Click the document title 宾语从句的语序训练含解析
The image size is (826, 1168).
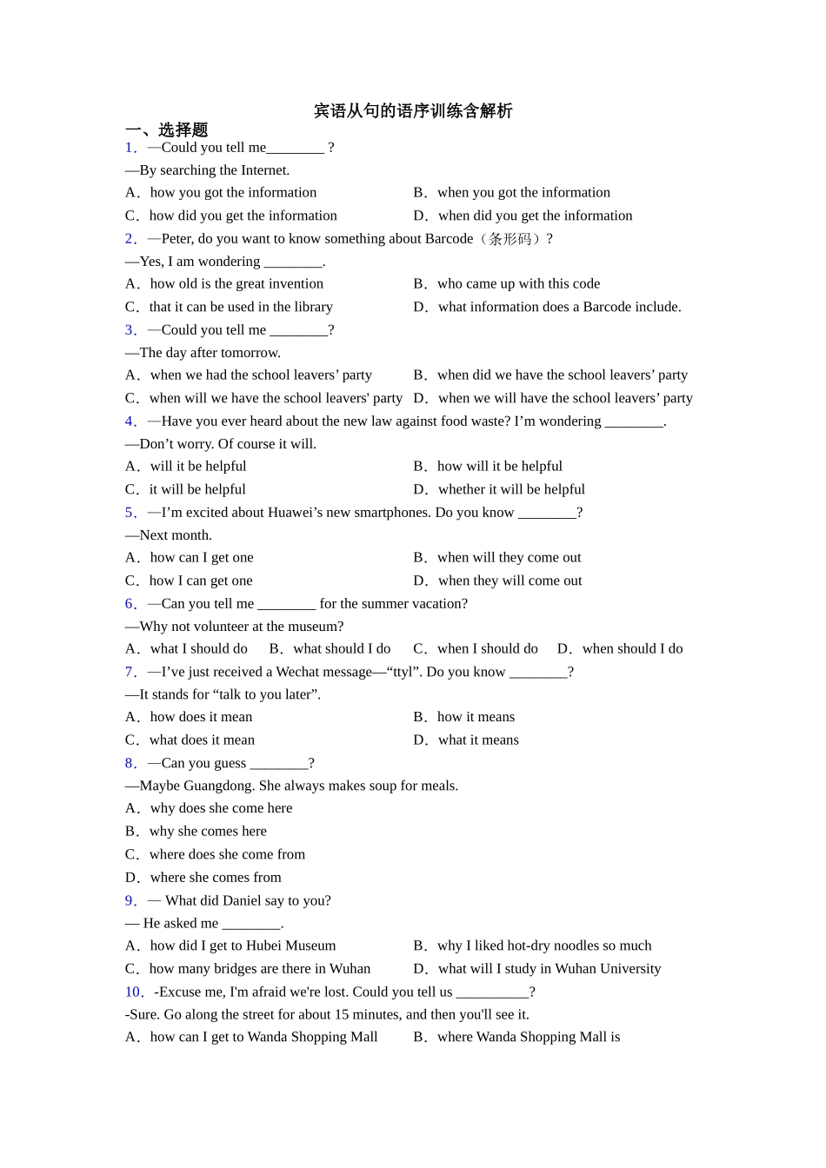413,111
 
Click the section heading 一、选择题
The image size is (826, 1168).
166,130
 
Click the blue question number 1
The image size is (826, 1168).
130,148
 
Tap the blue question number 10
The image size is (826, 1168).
134,992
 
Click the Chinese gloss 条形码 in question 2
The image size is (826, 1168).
510,239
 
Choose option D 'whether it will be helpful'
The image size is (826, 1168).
510,489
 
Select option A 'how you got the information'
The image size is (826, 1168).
232,192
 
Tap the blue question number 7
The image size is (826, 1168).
130,672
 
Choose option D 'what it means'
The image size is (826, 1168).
477,740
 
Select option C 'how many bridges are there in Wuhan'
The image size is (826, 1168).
259,968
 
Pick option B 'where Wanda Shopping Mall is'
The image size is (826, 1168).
528,1037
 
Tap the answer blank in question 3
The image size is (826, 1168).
298,330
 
